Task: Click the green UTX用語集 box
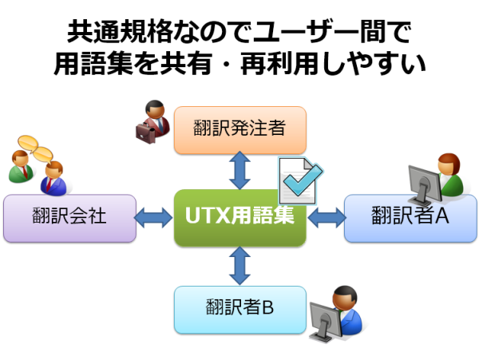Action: (x=239, y=217)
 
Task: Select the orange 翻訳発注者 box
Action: (x=239, y=130)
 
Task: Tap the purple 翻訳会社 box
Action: (x=69, y=218)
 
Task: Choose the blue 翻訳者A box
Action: (x=410, y=218)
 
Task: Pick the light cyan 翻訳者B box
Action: (x=239, y=310)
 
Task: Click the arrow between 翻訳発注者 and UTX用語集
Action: (x=239, y=170)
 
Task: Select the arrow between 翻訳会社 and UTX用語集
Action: (x=153, y=218)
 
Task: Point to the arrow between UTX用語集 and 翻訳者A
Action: (x=327, y=218)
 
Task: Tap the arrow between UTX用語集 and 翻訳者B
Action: (x=239, y=266)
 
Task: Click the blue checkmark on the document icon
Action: (x=303, y=180)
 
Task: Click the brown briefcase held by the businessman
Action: (x=145, y=133)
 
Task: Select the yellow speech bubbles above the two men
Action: (x=35, y=148)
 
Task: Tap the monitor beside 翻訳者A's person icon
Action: (x=425, y=185)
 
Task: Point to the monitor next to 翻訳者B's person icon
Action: (x=326, y=322)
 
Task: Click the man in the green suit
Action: (x=21, y=167)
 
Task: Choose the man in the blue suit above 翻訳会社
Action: (x=53, y=179)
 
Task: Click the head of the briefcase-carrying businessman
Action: (x=155, y=109)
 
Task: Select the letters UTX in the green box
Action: (x=207, y=216)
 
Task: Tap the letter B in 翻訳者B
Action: (x=268, y=307)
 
